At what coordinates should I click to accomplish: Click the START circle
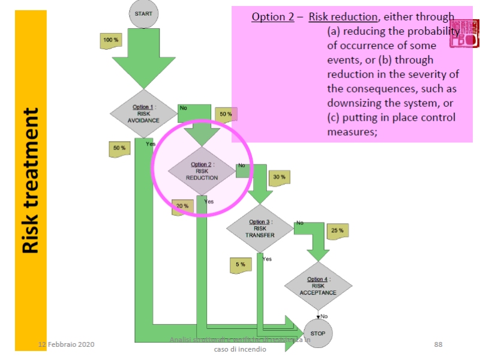point(143,13)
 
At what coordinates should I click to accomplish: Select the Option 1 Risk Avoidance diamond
point(143,113)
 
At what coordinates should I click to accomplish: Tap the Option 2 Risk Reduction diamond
point(202,171)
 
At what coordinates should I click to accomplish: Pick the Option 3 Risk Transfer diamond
point(260,229)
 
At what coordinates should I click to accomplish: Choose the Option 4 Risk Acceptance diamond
point(318,286)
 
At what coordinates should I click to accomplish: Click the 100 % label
point(111,40)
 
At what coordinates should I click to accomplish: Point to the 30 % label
point(280,177)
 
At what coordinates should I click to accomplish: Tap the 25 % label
point(337,230)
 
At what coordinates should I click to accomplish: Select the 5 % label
point(240,265)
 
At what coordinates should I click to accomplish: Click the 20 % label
point(182,206)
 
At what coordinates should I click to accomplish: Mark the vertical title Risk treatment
point(31,180)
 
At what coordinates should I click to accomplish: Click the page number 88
point(438,344)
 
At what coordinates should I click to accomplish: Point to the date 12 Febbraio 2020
point(67,344)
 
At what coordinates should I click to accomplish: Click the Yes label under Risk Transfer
point(267,259)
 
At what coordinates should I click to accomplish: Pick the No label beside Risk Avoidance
point(184,108)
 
